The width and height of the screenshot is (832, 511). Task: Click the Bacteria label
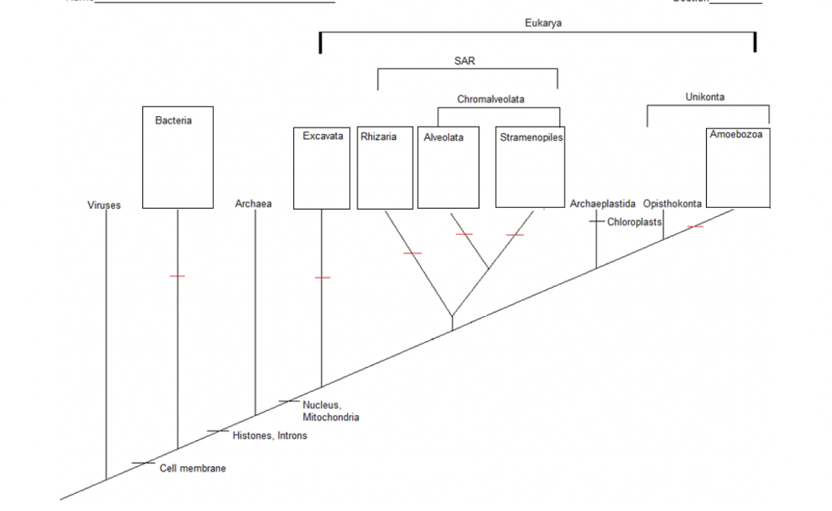click(173, 120)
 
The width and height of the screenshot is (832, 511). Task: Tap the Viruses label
click(104, 206)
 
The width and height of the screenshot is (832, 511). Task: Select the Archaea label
click(253, 204)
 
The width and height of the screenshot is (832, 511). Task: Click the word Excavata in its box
click(323, 136)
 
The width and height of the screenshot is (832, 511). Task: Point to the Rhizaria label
click(379, 136)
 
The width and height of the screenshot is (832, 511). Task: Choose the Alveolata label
click(444, 137)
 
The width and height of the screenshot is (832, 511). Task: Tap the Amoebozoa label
click(736, 134)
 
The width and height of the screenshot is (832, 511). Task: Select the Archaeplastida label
click(603, 204)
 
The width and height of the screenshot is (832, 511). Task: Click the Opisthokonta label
click(673, 204)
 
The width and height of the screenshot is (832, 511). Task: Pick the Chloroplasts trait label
click(635, 222)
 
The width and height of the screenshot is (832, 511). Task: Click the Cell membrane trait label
click(193, 469)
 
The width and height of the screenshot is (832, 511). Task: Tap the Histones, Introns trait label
click(270, 436)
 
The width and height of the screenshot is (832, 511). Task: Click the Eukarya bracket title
click(543, 24)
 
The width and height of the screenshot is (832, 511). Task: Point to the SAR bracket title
click(464, 61)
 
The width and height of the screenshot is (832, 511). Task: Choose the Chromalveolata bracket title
click(491, 99)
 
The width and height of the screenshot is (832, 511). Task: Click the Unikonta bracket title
click(705, 97)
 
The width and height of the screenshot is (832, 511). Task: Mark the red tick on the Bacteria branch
click(177, 276)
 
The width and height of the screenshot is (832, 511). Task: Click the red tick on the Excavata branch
click(323, 278)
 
